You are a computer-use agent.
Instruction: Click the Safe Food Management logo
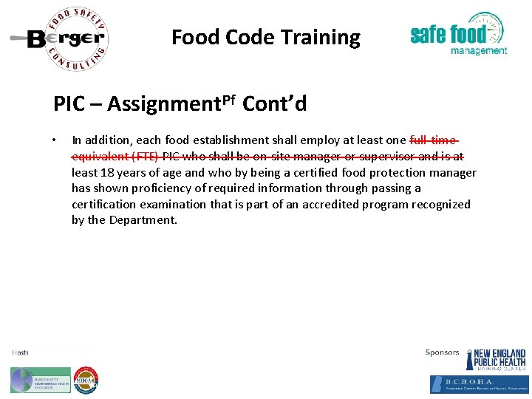(458, 34)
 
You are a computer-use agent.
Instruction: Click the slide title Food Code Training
(266, 37)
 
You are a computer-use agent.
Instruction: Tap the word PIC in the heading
(69, 103)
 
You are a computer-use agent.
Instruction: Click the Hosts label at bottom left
(20, 352)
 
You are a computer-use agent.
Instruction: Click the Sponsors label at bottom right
(442, 352)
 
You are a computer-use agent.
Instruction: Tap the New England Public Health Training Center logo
(496, 360)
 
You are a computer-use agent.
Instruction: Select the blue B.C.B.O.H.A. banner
(479, 383)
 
